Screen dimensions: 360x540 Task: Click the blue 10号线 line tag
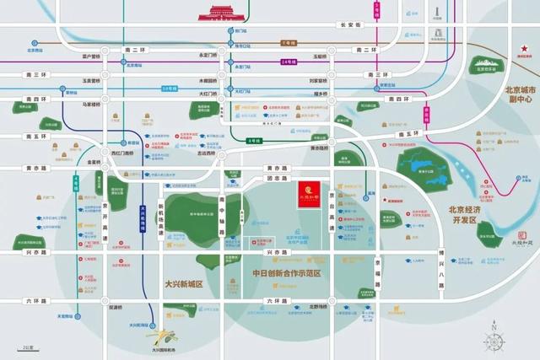click(x=170, y=88)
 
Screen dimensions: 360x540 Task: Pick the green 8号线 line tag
click(x=254, y=140)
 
